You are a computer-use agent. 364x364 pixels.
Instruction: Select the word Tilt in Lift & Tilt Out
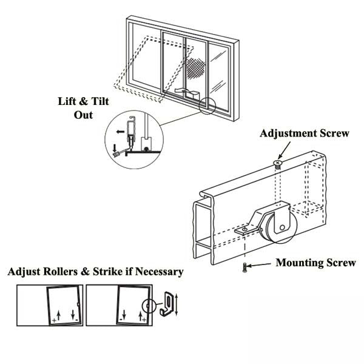tap(97, 102)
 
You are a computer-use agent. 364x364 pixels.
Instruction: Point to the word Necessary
tap(155, 271)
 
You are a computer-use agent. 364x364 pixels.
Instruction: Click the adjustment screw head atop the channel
tap(278, 163)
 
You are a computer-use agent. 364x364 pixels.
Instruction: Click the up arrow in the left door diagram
tap(57, 315)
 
